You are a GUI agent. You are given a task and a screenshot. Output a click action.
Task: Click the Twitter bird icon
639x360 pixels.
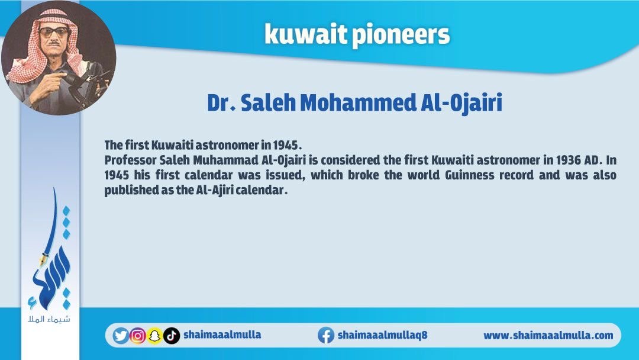[121, 336]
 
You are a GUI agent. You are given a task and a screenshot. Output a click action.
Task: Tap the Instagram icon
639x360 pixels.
[138, 336]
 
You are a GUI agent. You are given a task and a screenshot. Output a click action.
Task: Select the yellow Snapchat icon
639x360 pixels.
[154, 336]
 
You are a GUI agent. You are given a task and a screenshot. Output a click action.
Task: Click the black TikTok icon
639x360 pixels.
[172, 336]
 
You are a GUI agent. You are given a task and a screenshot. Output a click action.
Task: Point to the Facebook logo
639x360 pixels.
[326, 335]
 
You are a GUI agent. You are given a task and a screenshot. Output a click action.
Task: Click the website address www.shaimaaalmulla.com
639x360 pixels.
[548, 336]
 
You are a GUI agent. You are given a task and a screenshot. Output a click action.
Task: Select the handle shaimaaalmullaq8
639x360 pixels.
[382, 335]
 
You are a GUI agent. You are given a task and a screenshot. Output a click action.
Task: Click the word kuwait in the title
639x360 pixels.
[306, 34]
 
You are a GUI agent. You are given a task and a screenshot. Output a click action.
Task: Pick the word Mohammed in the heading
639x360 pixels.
[357, 102]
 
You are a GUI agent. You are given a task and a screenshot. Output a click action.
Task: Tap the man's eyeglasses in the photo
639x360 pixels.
[54, 32]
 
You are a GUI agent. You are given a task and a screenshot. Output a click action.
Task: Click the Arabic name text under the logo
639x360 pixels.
[49, 319]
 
